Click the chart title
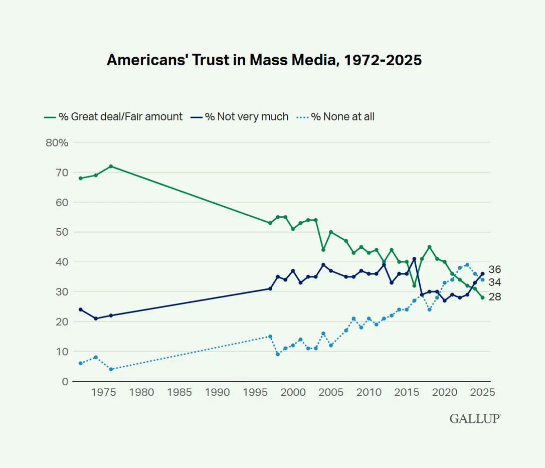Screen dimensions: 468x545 (264, 60)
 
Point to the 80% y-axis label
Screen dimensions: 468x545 (57, 142)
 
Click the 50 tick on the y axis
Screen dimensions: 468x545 (62, 232)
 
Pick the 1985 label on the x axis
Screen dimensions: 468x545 (179, 392)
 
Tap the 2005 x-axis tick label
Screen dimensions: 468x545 (330, 392)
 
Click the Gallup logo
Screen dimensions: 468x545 (475, 418)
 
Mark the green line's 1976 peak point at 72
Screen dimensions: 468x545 (111, 166)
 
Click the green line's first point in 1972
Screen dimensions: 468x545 (81, 178)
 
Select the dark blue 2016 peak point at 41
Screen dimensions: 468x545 (414, 259)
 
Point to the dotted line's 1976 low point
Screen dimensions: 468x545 (111, 369)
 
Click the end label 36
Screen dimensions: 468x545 (494, 269)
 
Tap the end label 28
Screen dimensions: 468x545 (494, 297)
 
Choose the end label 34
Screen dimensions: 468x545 (494, 282)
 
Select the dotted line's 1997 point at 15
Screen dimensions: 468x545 (270, 337)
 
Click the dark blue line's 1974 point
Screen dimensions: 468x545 (96, 319)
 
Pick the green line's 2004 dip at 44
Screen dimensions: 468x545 (323, 250)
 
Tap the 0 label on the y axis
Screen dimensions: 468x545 (65, 382)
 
